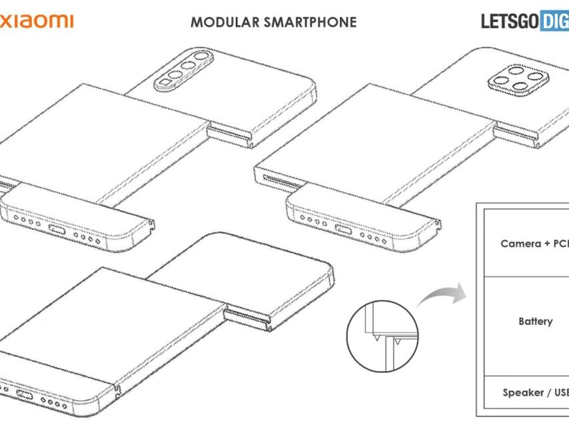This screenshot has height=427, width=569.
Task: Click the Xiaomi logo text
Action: [37, 21]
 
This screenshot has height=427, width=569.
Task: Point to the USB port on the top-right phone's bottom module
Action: [343, 230]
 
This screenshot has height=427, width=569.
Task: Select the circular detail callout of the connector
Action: [382, 331]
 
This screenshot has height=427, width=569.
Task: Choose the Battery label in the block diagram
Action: [536, 322]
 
